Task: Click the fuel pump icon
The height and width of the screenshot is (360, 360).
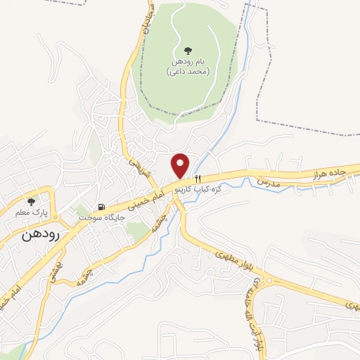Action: tap(103, 207)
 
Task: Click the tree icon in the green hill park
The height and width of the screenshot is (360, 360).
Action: tap(186, 51)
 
